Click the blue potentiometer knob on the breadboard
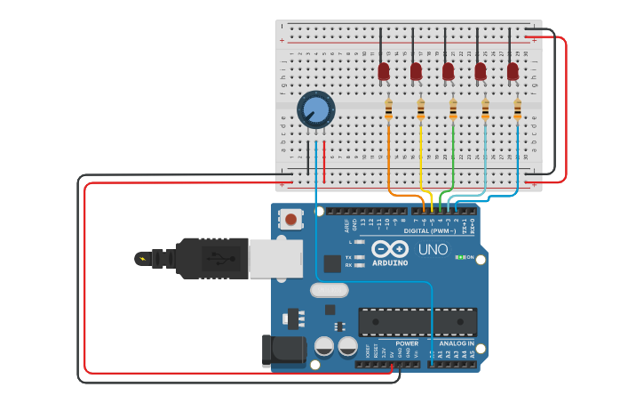(x=315, y=110)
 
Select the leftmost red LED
(x=384, y=70)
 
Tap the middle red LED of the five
(x=449, y=70)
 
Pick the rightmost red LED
(x=513, y=70)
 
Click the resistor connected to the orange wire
(x=388, y=109)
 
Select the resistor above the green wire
(x=453, y=109)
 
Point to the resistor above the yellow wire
(x=420, y=109)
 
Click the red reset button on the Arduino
(x=290, y=218)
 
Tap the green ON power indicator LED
(x=459, y=257)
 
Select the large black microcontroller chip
(x=417, y=322)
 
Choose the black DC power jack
(x=282, y=351)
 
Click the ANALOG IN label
(x=457, y=343)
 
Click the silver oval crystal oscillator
(x=329, y=289)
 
